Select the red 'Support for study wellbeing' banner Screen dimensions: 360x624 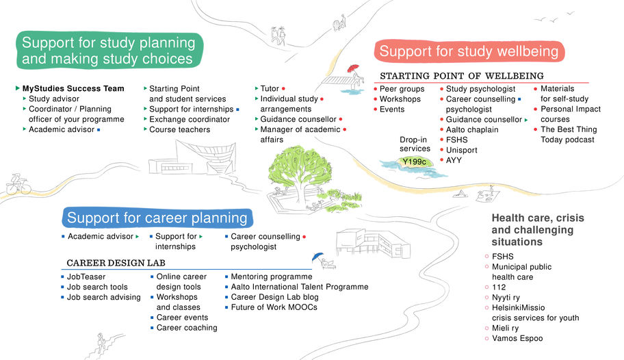click(469, 51)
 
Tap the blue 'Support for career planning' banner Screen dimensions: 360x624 click(157, 218)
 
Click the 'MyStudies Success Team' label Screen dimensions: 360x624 click(73, 88)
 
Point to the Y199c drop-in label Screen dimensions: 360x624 click(415, 162)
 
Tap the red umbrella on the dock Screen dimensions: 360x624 click(353, 69)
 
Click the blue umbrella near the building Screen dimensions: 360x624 click(317, 257)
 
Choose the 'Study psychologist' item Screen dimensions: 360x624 click(480, 89)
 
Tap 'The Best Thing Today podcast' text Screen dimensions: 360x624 click(568, 135)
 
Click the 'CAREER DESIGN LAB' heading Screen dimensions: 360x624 click(116, 263)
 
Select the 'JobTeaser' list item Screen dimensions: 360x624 click(86, 277)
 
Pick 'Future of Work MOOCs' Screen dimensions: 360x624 click(274, 307)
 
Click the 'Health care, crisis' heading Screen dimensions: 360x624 click(538, 218)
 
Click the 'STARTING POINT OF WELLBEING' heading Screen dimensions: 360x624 click(462, 75)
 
